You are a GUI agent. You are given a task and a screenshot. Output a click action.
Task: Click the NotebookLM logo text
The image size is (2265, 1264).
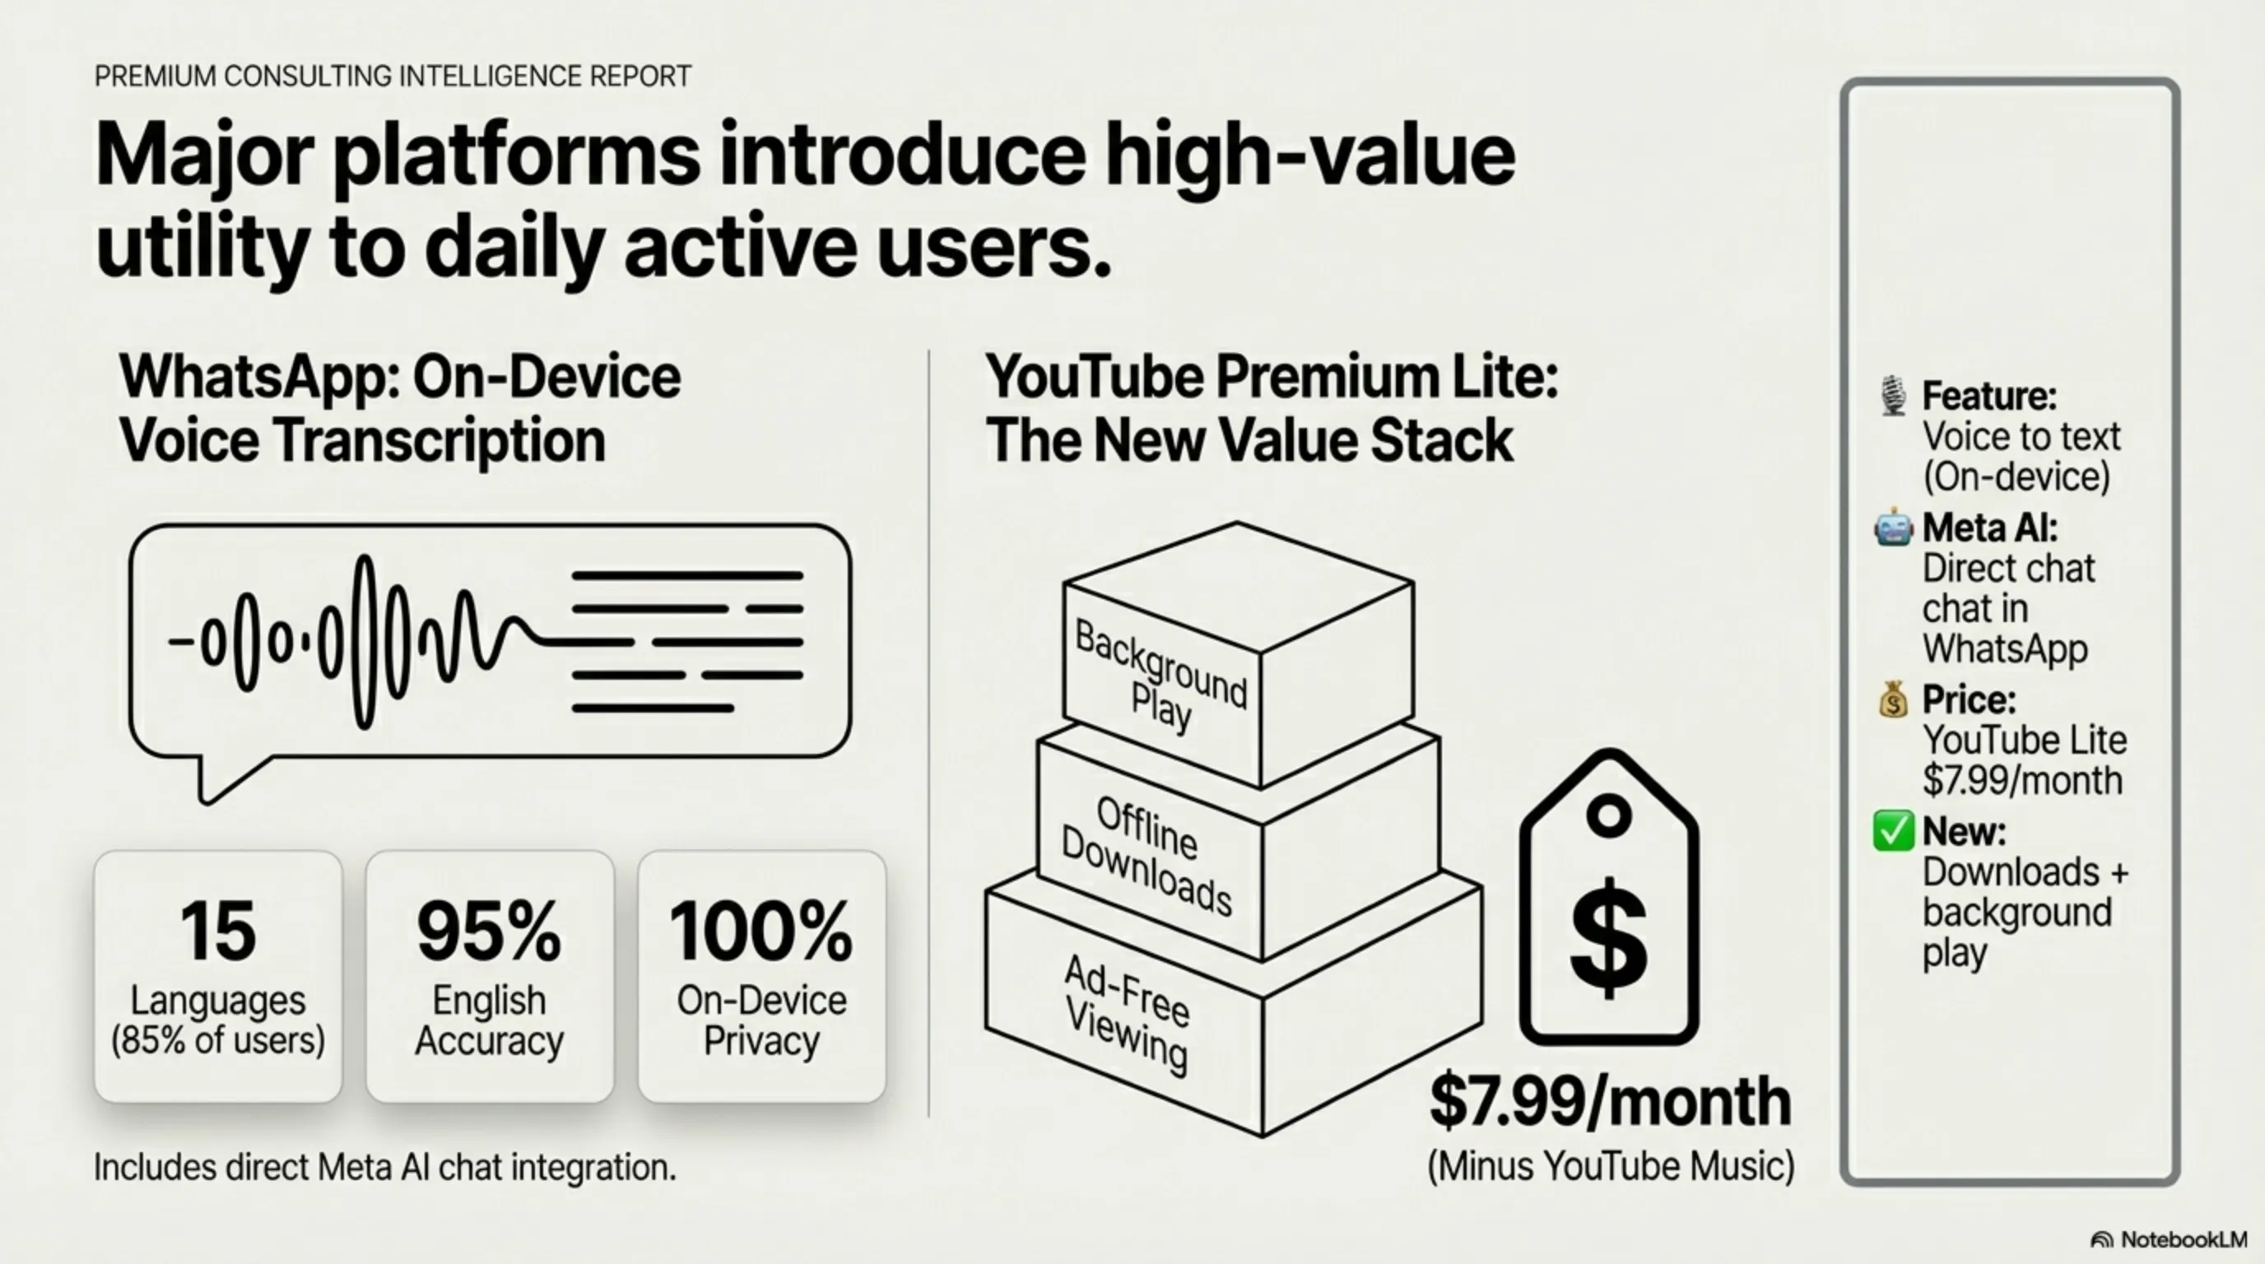coord(2184,1239)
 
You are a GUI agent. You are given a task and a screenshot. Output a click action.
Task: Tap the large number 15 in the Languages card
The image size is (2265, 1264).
coord(217,931)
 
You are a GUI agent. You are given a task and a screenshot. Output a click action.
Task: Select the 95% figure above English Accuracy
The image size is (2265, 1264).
coord(489,931)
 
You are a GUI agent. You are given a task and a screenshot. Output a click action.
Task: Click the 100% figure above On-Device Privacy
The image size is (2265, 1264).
coord(760,931)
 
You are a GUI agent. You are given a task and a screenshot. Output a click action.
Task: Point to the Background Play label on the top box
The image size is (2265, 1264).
coord(1160,675)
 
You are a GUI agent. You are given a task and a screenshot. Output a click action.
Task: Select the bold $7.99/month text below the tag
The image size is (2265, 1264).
coord(1610,1101)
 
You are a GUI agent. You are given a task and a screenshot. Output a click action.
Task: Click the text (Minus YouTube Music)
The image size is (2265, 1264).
coord(1610,1166)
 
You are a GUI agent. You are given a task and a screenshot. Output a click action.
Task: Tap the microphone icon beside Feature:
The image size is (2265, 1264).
coord(1893,396)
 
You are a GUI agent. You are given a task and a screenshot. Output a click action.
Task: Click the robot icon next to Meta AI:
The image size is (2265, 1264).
coord(1893,527)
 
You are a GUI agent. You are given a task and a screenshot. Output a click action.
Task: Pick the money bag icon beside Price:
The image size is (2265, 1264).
coord(1893,699)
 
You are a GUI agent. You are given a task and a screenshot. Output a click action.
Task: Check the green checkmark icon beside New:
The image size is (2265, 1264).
coord(1893,830)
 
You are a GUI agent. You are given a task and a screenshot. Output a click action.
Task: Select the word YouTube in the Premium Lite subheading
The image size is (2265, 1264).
coord(1095,376)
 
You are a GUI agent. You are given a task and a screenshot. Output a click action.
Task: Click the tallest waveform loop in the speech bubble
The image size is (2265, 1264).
coord(365,642)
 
